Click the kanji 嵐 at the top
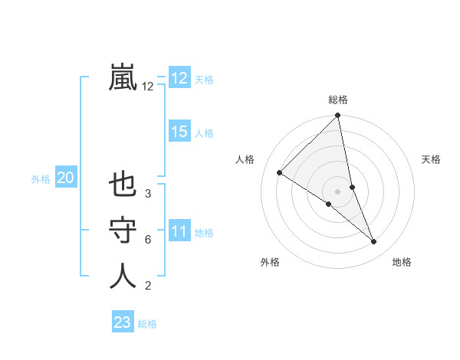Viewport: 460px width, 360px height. click(x=123, y=77)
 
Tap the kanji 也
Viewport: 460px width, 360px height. click(x=123, y=185)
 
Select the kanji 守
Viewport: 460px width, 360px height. click(x=123, y=231)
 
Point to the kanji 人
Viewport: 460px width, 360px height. click(x=123, y=277)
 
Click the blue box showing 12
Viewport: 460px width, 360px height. click(x=179, y=78)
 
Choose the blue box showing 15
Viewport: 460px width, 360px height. click(x=179, y=132)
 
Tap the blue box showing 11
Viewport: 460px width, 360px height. click(x=179, y=231)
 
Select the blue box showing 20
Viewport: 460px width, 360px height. click(x=65, y=178)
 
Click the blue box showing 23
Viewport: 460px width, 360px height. click(x=123, y=322)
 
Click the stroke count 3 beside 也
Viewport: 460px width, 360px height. click(x=148, y=194)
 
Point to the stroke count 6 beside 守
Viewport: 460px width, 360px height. click(x=148, y=240)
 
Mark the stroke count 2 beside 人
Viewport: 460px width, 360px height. click(x=148, y=286)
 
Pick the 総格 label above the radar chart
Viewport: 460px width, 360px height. click(x=338, y=100)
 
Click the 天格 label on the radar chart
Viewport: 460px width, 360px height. click(x=432, y=159)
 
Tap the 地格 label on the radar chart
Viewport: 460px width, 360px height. click(x=402, y=262)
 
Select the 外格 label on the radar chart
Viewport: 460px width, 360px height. click(x=270, y=262)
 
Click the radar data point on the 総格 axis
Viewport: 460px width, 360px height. click(x=338, y=116)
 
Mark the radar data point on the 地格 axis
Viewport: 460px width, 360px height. click(x=374, y=241)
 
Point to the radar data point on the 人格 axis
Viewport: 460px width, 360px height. click(x=279, y=173)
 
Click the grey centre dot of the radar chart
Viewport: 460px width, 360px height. click(x=338, y=190)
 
